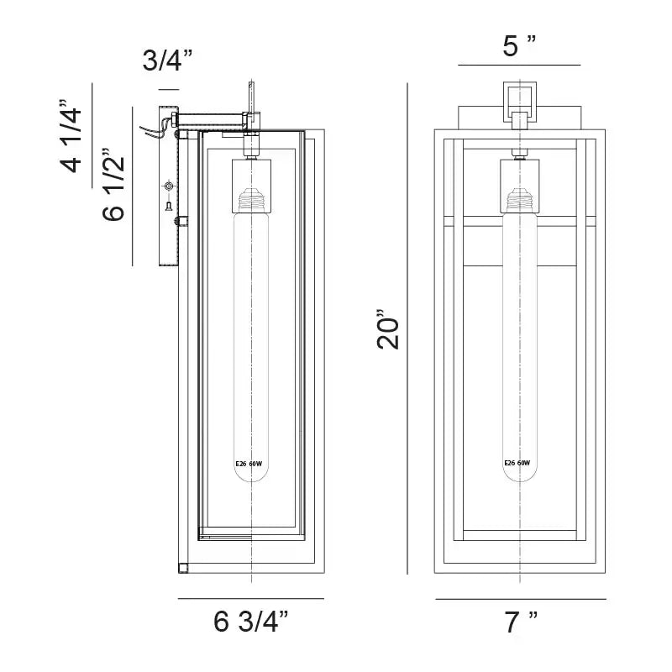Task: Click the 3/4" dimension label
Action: (167, 60)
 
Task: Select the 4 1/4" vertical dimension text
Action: (71, 136)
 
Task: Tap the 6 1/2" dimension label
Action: (113, 185)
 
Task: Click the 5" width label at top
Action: (519, 45)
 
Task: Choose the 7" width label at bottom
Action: (520, 622)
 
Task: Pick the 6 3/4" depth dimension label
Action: (251, 621)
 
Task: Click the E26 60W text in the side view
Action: (249, 464)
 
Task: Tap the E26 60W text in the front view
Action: (517, 463)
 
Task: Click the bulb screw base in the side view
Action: (252, 199)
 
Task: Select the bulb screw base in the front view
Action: (520, 199)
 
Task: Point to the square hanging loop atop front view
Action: (519, 102)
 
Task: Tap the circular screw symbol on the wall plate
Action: (169, 186)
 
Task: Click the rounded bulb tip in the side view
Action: (251, 475)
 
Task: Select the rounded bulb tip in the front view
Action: (520, 475)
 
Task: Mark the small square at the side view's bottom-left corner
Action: (183, 569)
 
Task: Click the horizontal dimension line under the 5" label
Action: (519, 66)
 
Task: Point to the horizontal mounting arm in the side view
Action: (210, 118)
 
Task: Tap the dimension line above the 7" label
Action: (521, 599)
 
